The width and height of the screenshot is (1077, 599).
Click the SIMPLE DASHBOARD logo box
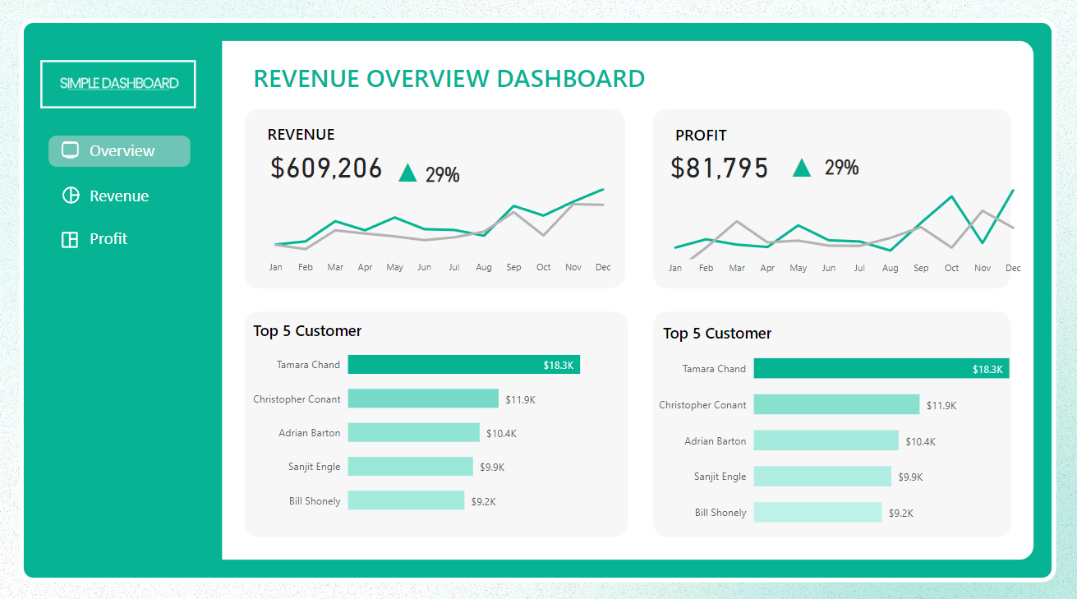(x=118, y=84)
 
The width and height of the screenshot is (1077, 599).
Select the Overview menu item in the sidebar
(x=119, y=151)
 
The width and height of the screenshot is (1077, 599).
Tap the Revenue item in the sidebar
(x=119, y=196)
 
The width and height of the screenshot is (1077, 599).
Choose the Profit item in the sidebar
(x=108, y=239)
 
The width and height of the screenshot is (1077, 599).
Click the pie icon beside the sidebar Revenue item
(x=71, y=196)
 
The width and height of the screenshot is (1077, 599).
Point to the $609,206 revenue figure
(x=326, y=168)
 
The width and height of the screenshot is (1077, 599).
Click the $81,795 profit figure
(x=719, y=168)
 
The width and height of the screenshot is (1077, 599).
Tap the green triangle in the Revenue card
(x=407, y=173)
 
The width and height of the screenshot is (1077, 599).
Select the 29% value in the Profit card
(x=841, y=168)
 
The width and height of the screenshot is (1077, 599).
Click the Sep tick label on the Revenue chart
(x=513, y=267)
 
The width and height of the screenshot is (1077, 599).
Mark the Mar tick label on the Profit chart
(x=737, y=268)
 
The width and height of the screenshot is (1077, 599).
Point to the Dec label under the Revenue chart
(x=603, y=267)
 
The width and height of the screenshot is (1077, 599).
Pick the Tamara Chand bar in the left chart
(x=463, y=365)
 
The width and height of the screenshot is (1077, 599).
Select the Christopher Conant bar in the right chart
(x=835, y=404)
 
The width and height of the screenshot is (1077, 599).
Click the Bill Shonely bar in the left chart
(x=406, y=500)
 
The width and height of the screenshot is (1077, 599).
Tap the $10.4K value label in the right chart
(x=920, y=441)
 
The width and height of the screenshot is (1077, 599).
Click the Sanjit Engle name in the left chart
(x=314, y=467)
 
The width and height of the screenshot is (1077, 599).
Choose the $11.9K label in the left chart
(x=520, y=400)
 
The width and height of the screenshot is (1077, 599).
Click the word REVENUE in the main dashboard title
(x=306, y=79)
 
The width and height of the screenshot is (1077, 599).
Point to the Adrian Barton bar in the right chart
(x=826, y=440)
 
